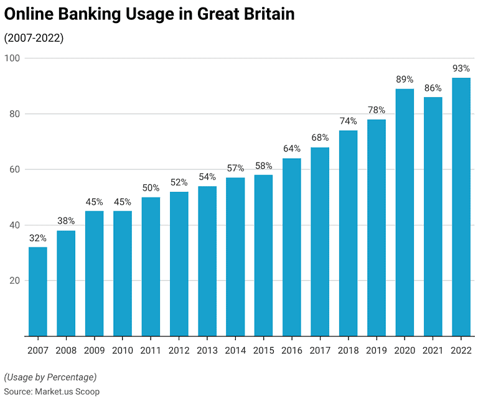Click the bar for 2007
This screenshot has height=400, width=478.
point(37,292)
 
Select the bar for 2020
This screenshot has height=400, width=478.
point(405,212)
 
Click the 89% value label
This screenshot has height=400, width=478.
point(405,79)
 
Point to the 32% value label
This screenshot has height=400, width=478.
point(37,237)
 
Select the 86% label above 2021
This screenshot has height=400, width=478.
point(433,88)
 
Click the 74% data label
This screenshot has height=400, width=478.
point(349,121)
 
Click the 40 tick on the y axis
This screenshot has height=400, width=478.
point(15,225)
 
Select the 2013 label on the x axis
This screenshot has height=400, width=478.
point(207,350)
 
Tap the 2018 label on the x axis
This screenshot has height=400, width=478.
point(349,350)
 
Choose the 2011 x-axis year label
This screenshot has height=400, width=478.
point(151,350)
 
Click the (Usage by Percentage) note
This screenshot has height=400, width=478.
point(50,377)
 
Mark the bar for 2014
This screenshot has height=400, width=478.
point(235,257)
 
